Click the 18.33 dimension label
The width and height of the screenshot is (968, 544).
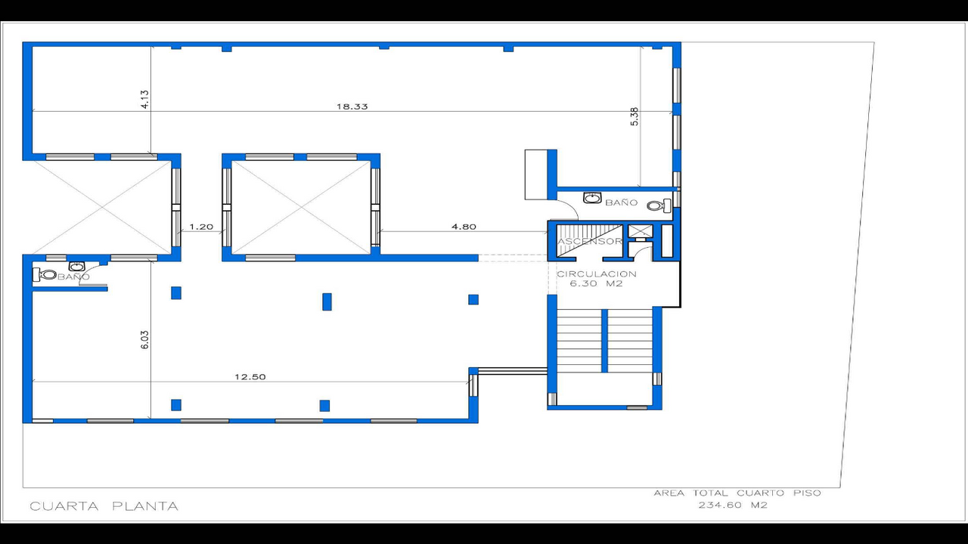tap(352, 107)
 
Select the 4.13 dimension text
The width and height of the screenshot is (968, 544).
tap(144, 100)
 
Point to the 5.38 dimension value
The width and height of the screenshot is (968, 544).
tap(634, 116)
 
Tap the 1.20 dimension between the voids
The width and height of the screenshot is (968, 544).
tap(201, 227)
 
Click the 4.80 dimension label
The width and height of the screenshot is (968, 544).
tap(464, 227)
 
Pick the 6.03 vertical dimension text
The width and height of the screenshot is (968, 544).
tap(144, 338)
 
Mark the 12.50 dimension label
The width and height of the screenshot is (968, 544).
tap(250, 377)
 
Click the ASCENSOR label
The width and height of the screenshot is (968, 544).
tap(590, 242)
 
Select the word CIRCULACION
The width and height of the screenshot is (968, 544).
tap(597, 274)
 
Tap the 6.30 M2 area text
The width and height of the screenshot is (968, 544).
tap(597, 285)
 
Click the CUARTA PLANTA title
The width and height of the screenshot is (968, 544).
tap(104, 506)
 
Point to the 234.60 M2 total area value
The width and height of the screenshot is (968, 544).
tap(732, 505)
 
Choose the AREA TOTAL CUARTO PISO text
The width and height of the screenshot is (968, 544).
tap(737, 493)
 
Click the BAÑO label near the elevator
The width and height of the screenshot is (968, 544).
tap(622, 203)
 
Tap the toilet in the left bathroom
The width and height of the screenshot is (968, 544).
tap(46, 275)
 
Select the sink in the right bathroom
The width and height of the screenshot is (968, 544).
tap(593, 199)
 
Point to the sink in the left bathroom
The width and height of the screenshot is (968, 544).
tap(76, 266)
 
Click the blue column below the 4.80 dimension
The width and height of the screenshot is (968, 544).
tap(473, 299)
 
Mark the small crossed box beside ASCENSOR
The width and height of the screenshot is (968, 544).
tap(639, 231)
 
